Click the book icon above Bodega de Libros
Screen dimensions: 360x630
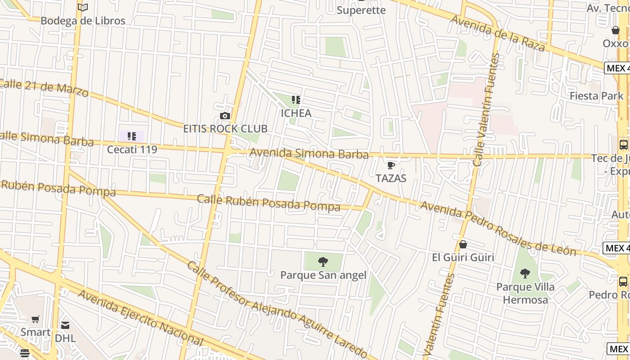pos(83,7)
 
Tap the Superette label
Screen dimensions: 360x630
pos(361,10)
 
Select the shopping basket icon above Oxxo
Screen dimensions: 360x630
pos(615,30)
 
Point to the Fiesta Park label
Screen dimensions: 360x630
pos(596,96)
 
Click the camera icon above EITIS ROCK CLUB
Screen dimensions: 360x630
pos(225,116)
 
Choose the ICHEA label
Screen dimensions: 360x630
pos(296,113)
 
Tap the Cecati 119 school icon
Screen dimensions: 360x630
pos(131,136)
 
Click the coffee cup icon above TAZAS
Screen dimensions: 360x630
pos(391,165)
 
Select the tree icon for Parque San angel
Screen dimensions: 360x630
pos(323,261)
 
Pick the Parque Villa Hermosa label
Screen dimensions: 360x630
pos(525,293)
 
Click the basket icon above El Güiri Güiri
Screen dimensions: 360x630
pos(463,244)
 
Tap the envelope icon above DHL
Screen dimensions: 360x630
pos(65,325)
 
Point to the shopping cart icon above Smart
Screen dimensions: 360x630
pos(36,319)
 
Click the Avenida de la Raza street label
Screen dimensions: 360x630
pos(498,33)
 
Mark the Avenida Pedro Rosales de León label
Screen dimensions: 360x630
pos(498,228)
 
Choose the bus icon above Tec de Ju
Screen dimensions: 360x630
pos(623,145)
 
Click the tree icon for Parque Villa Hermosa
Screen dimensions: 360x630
pos(525,273)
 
